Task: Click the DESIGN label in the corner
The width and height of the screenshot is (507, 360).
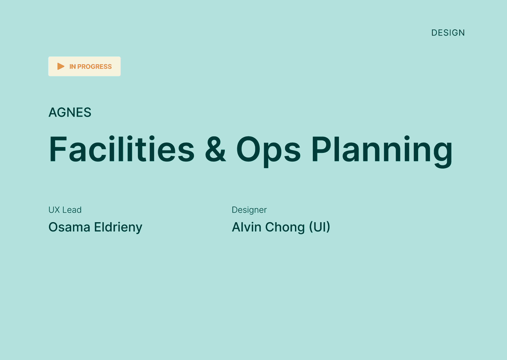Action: (448, 33)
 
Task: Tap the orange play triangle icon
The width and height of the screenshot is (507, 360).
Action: (61, 66)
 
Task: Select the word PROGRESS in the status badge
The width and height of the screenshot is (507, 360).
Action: (94, 67)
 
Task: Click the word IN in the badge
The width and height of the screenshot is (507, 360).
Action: (72, 67)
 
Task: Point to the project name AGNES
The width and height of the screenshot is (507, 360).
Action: (70, 112)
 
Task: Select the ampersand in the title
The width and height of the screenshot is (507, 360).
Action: (215, 149)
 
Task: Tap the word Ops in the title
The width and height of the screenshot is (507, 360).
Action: (268, 152)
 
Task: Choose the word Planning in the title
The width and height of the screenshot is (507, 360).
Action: (382, 152)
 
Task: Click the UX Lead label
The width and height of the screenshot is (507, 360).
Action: (65, 210)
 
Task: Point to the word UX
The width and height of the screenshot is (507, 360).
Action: (55, 210)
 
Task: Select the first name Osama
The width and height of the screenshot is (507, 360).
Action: (69, 227)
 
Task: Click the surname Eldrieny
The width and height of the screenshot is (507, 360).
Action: (118, 227)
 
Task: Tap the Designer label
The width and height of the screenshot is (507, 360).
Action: (249, 210)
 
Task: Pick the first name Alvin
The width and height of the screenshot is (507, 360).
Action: (246, 227)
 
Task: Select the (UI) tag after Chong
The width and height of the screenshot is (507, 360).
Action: (319, 227)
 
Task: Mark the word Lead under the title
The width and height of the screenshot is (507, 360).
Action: (72, 210)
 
